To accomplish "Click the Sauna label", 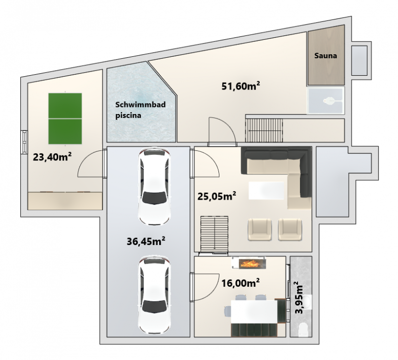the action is tap(325, 56).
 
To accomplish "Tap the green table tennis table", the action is tap(65, 119).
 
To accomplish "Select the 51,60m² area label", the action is tap(241, 86).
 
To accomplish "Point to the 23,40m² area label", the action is tap(52, 157).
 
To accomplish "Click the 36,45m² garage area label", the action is tap(146, 241).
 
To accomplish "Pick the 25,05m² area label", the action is tap(217, 196).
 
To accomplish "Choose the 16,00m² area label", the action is tap(240, 283).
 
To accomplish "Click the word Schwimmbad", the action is tap(140, 105).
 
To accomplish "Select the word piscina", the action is tap(128, 116).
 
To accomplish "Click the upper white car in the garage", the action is tap(154, 187).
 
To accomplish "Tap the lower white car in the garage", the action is tap(154, 295).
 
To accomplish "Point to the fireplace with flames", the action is tap(249, 263).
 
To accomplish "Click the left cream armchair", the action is tap(260, 230).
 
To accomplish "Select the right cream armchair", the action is tap(290, 230).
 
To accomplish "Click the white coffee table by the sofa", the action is tap(266, 191).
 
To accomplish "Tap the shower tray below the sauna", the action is tap(326, 101).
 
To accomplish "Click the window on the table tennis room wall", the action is tap(24, 142).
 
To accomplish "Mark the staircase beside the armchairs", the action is tap(214, 235).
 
